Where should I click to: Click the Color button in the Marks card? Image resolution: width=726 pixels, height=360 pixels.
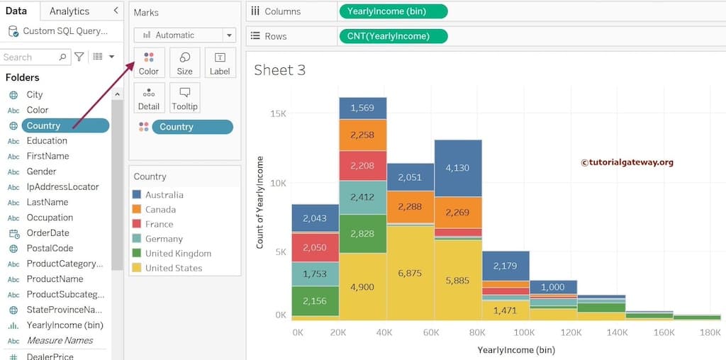149,62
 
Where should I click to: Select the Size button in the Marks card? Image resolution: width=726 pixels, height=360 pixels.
184,62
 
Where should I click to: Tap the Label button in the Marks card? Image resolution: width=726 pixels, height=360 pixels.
220,62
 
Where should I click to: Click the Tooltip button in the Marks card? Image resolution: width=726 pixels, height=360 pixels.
184,98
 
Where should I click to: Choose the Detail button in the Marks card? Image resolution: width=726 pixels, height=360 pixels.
149,98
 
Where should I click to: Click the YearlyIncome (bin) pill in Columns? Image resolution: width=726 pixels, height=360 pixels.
393,11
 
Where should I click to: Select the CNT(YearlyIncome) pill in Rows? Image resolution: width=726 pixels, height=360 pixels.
393,36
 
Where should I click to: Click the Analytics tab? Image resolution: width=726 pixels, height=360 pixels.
69,11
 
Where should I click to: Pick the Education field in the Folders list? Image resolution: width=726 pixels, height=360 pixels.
47,140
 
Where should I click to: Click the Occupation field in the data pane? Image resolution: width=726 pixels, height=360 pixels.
50,218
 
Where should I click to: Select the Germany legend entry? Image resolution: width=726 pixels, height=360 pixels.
164,239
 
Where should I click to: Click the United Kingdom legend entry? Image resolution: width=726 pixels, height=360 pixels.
178,253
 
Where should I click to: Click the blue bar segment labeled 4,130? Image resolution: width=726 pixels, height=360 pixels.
458,168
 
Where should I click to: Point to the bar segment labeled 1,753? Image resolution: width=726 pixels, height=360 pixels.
315,274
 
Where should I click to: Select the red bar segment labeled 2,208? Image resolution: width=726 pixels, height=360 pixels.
362,166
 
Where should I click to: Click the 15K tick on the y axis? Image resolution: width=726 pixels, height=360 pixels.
278,113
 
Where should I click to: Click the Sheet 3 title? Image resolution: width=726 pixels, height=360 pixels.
279,69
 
